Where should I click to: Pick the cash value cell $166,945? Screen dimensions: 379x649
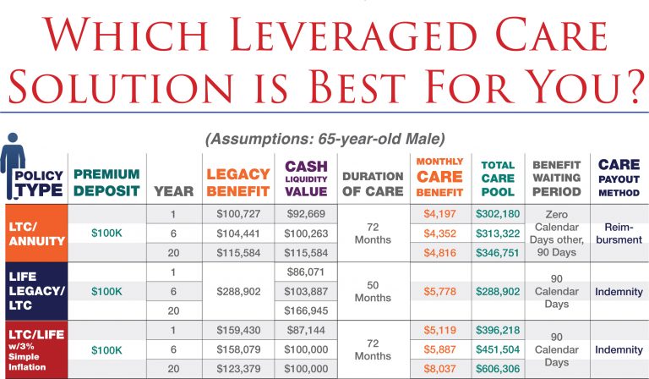(305, 310)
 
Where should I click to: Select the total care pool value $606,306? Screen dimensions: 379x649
(497, 370)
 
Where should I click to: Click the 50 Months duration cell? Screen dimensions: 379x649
(373, 290)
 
